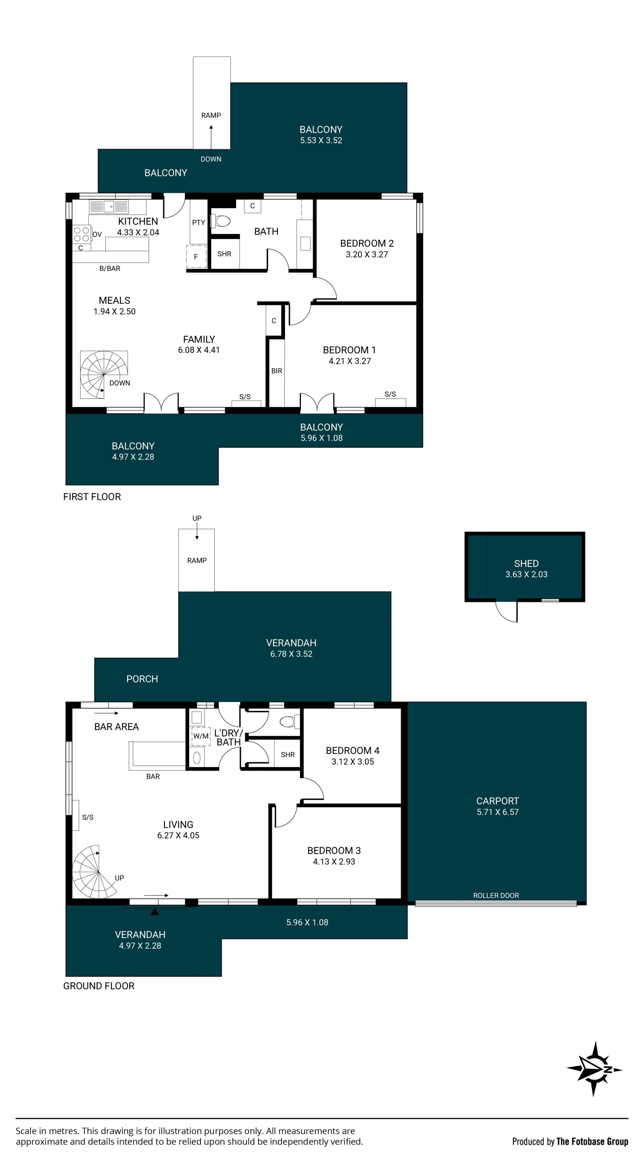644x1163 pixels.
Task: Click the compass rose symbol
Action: [x=594, y=1069]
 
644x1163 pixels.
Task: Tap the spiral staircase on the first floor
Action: [x=104, y=374]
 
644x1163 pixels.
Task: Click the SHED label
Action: [x=526, y=563]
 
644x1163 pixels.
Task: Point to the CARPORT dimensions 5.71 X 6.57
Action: [x=498, y=812]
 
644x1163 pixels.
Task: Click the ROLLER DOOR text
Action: [x=496, y=895]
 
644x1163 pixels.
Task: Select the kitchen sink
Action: [x=109, y=207]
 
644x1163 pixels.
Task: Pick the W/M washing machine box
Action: [x=201, y=736]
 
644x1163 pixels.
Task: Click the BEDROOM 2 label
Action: [x=367, y=243]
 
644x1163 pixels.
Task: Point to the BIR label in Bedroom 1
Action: [x=276, y=371]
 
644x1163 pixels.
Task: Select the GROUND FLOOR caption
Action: [x=99, y=986]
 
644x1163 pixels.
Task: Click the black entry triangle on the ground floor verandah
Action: [x=155, y=911]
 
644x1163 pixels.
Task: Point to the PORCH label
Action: [x=142, y=679]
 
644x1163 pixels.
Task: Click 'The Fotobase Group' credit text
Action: [x=592, y=1141]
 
